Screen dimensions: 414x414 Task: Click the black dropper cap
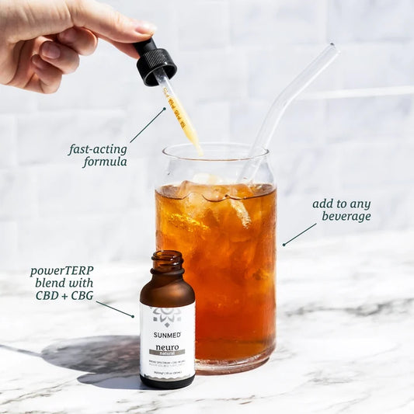tap(155, 63)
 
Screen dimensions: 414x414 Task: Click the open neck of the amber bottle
tap(167, 257)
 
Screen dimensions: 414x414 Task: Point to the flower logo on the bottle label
tap(167, 315)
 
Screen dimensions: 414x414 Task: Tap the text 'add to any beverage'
tap(342, 210)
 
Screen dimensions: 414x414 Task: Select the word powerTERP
tap(62, 271)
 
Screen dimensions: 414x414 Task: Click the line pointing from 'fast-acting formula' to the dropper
tap(148, 125)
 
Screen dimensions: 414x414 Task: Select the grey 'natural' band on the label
tap(167, 353)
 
